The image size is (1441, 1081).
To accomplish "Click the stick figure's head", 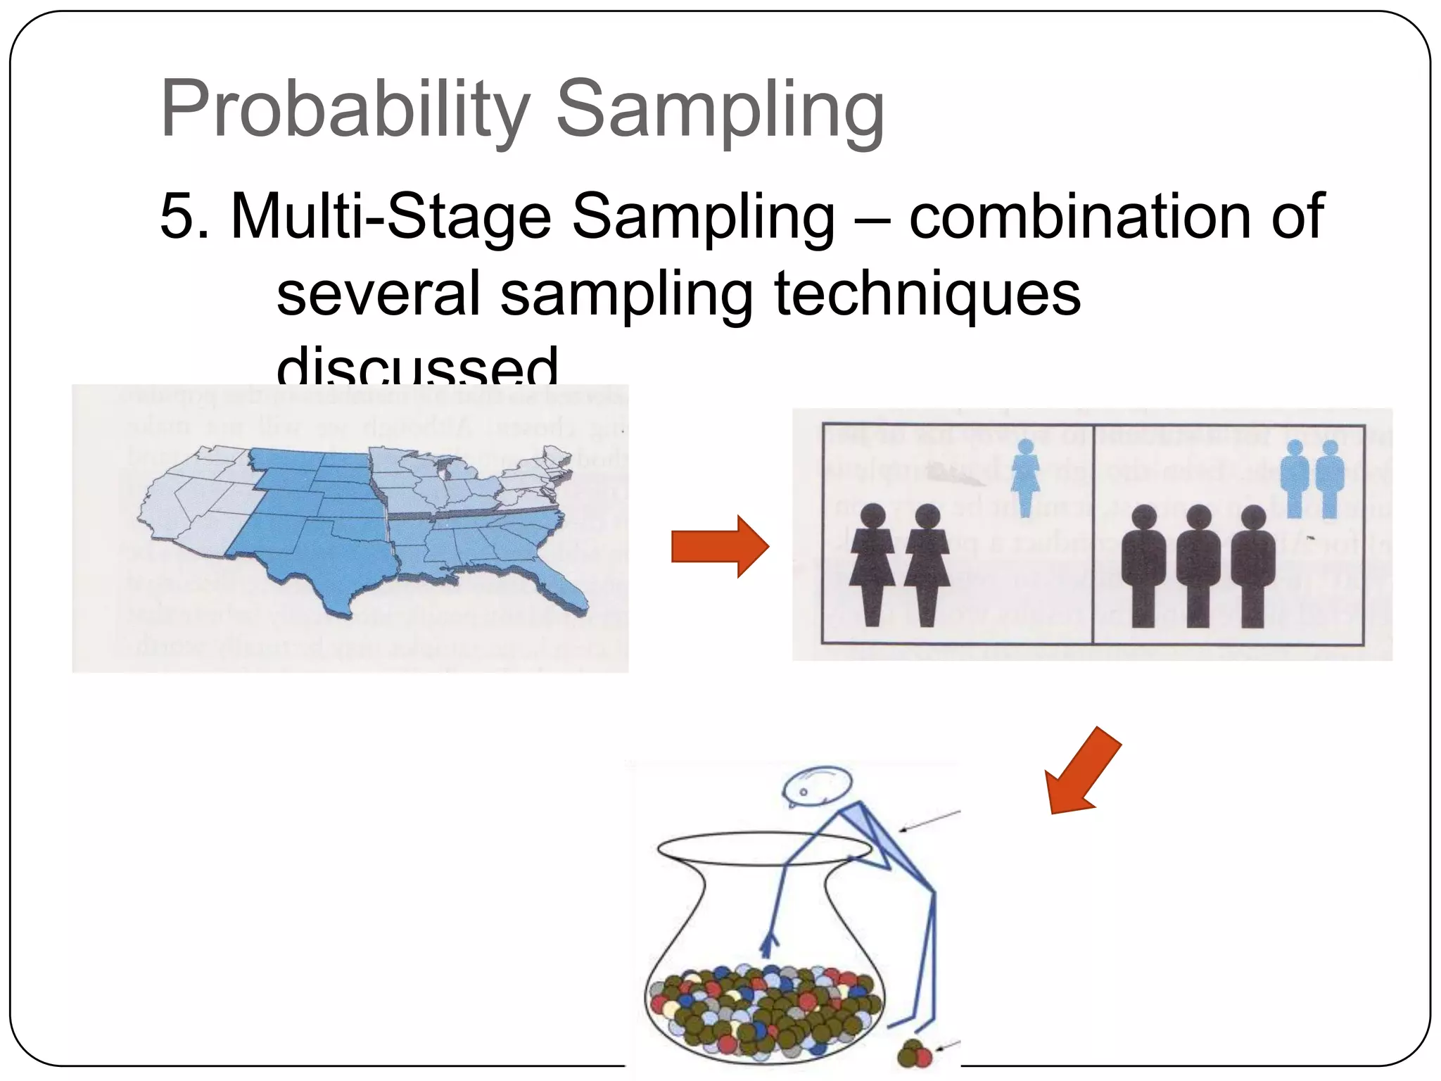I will [818, 784].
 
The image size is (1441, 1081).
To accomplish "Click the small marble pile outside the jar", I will [914, 1054].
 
